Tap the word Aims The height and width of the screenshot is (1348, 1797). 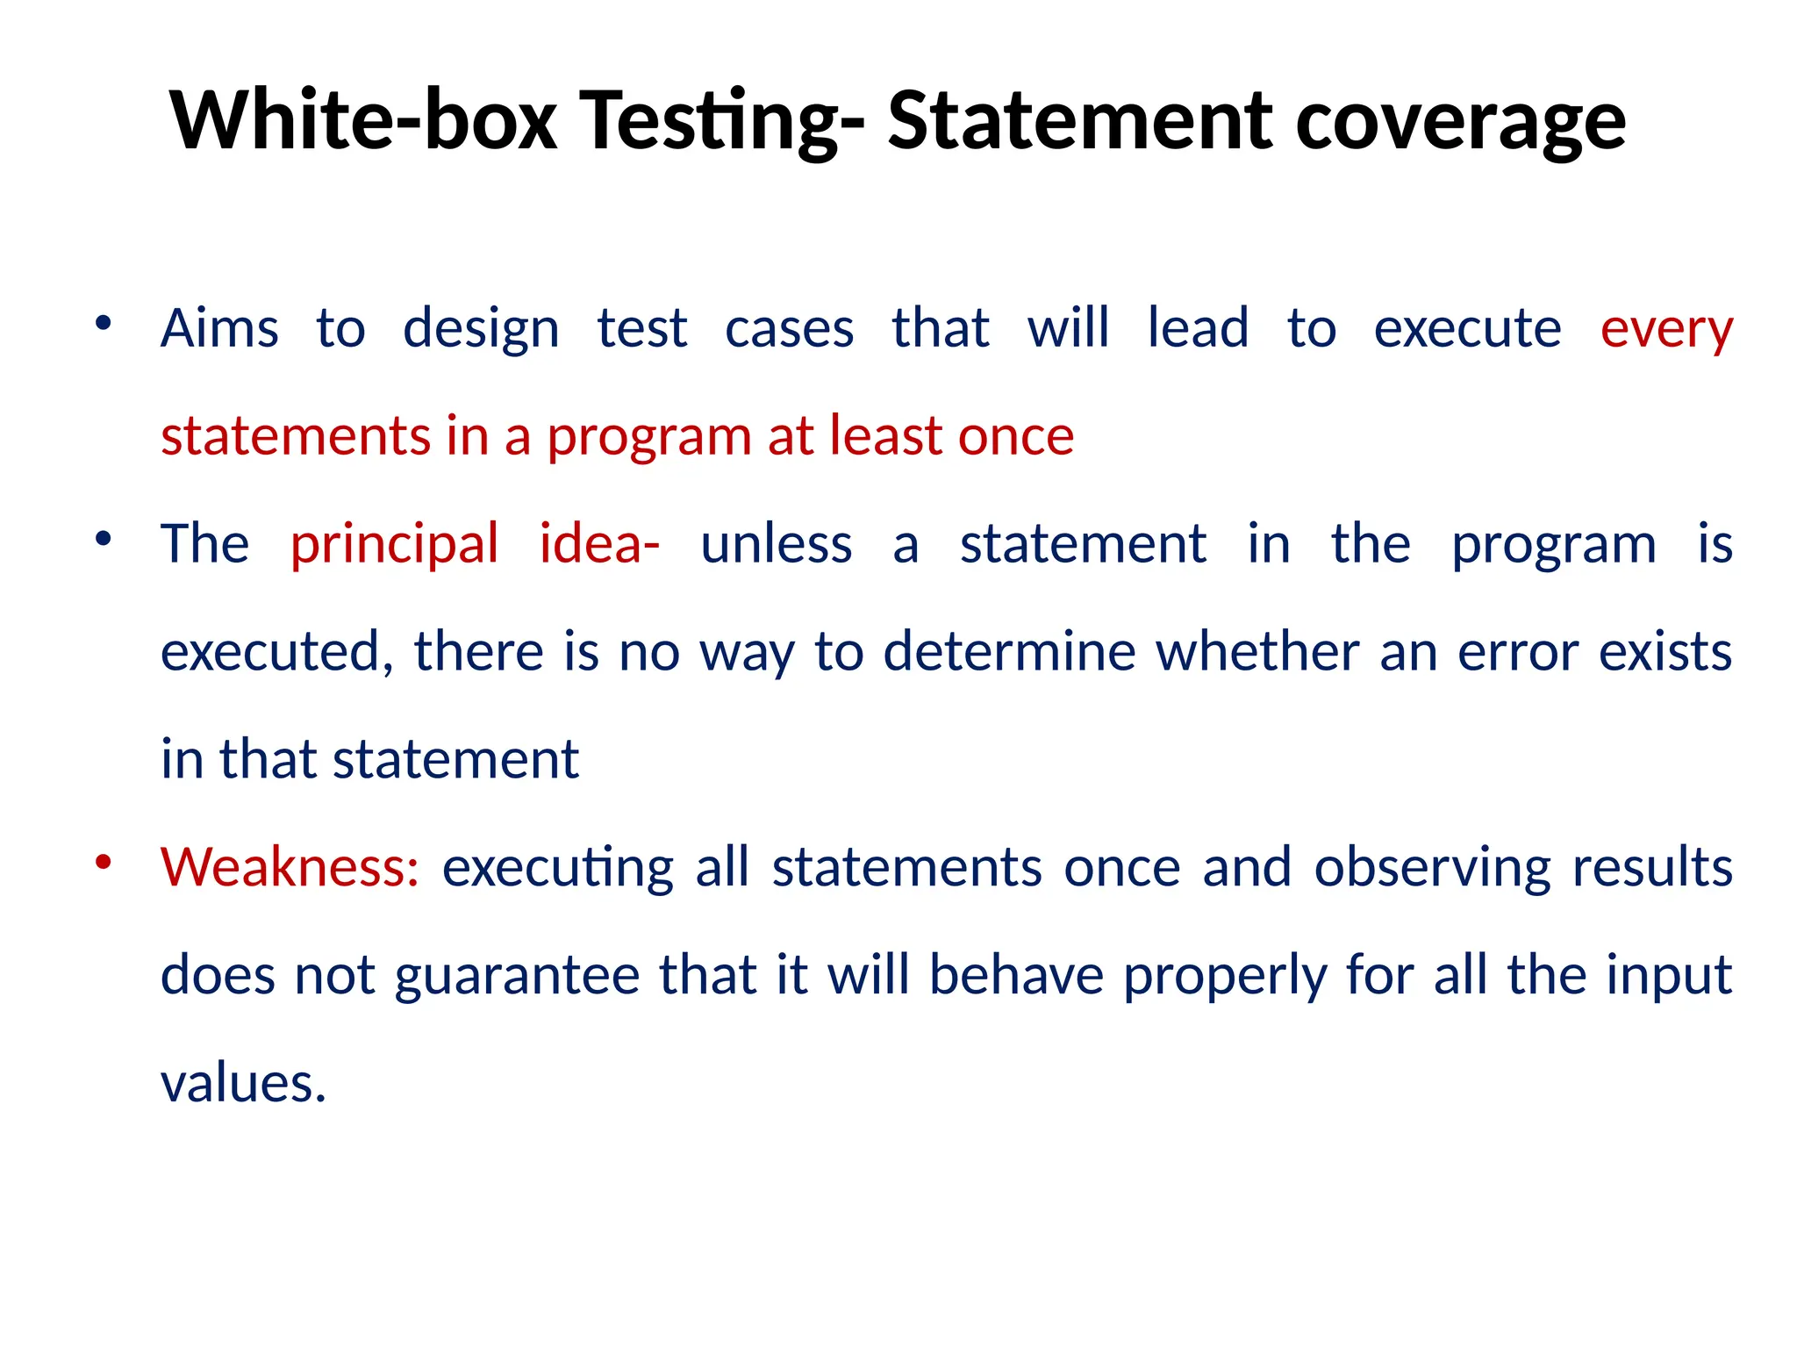point(219,328)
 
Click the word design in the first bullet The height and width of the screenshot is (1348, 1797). point(481,330)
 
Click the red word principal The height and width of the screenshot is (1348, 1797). point(395,545)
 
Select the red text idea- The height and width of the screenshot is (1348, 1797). point(599,543)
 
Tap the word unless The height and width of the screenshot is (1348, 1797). point(777,544)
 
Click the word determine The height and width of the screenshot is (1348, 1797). point(1009,651)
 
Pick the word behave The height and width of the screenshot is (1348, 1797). point(1016,975)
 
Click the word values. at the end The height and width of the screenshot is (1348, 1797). point(243,1083)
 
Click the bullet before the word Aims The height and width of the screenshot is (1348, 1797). point(104,323)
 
